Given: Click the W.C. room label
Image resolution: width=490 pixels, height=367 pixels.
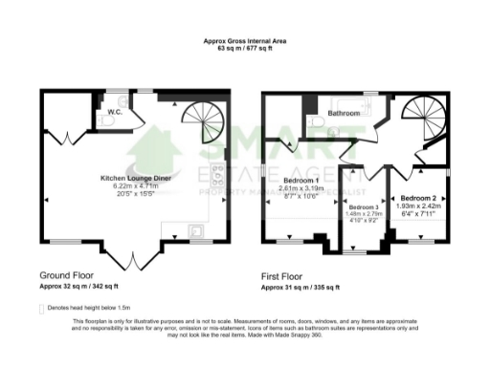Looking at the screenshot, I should coord(114,112).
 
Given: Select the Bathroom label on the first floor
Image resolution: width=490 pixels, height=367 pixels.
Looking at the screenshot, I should coord(344,113).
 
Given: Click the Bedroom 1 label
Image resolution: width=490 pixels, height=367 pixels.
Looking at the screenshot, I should coord(301,180).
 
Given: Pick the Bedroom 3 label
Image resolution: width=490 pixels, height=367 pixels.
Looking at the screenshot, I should coord(364,206).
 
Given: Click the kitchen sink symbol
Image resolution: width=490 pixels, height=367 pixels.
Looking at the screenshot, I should coord(195,229).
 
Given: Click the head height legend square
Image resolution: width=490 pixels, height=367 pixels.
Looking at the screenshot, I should coord(40,309).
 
